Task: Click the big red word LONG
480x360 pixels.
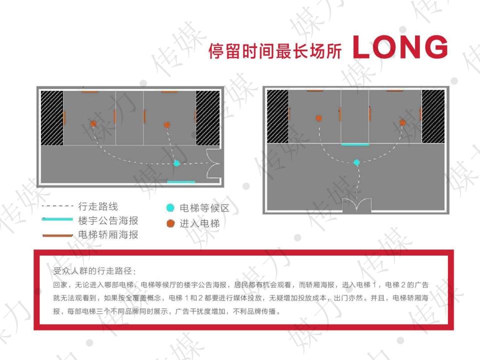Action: pos(400,47)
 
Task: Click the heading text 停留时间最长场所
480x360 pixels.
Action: pos(275,51)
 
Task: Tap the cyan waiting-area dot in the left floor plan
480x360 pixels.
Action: pos(176,163)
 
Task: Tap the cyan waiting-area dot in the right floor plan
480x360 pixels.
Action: pos(356,162)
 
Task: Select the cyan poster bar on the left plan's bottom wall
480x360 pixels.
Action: pos(181,182)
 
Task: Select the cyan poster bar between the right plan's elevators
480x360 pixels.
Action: pos(355,144)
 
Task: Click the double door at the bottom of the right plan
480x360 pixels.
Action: pos(356,204)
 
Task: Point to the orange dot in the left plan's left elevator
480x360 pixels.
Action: pos(93,123)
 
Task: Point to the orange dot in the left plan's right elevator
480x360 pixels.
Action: pos(167,124)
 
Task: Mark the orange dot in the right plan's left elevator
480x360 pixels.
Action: pos(318,118)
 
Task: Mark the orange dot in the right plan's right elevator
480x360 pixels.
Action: pos(402,122)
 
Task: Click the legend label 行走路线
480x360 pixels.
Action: pos(98,206)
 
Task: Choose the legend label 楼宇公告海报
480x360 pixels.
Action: pos(108,220)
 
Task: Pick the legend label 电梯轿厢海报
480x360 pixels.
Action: pos(108,234)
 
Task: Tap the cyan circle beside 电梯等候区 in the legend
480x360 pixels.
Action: pos(170,208)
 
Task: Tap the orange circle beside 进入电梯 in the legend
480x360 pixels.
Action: pos(170,223)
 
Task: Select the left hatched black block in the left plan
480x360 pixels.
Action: pos(52,118)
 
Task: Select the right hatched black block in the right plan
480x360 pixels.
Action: pos(433,116)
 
